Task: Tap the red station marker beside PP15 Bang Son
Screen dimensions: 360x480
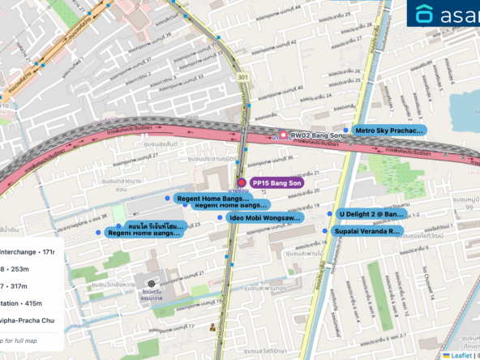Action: point(242,183)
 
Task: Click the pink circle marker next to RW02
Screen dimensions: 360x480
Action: point(283,135)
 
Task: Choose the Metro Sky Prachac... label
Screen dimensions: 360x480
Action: point(388,130)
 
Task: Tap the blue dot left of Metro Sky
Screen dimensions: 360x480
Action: point(345,130)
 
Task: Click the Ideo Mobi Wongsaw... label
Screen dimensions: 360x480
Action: point(265,218)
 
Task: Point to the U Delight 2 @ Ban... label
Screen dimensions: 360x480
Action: point(371,214)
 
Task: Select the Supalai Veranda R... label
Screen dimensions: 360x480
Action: point(367,231)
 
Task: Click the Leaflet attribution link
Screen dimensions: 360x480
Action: point(461,355)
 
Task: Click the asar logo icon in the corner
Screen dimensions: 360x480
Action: point(424,15)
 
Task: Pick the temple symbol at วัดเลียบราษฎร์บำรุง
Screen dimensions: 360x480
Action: point(151,273)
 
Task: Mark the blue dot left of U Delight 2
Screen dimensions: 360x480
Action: point(330,214)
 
